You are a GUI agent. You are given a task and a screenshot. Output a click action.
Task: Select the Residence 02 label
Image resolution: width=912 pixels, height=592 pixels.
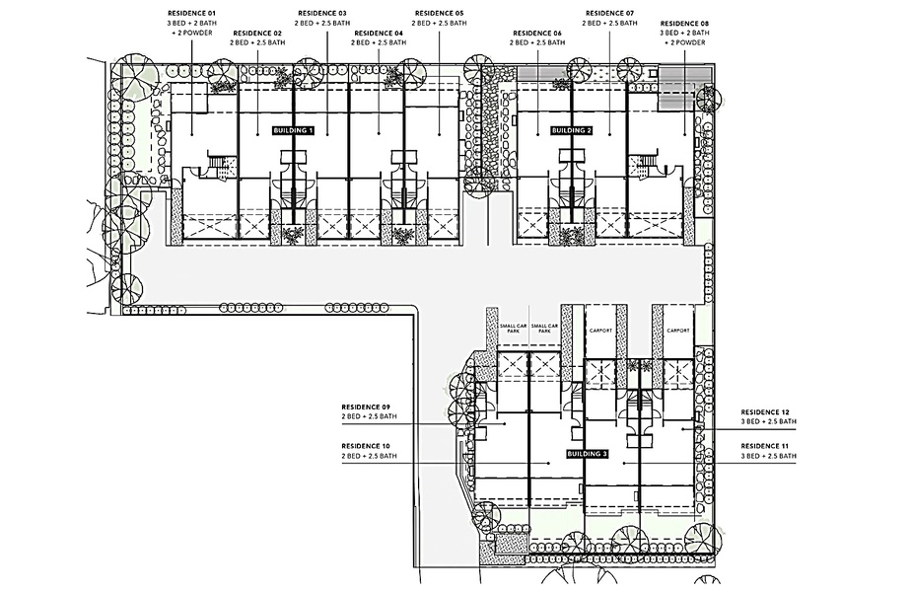[256, 33]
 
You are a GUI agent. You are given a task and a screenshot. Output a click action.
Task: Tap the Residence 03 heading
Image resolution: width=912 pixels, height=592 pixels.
[321, 13]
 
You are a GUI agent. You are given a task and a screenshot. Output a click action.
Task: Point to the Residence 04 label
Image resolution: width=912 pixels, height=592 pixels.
[378, 33]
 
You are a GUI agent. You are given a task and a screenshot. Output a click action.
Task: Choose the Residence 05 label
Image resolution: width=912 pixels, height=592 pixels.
[439, 13]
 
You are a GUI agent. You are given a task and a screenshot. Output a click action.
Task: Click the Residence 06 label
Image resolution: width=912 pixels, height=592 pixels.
[538, 33]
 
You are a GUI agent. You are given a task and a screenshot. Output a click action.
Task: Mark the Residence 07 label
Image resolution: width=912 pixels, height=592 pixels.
[609, 13]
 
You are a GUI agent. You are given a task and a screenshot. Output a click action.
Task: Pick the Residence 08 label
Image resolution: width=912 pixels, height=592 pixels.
[684, 22]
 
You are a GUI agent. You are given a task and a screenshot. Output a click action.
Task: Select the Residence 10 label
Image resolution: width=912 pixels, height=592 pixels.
[367, 446]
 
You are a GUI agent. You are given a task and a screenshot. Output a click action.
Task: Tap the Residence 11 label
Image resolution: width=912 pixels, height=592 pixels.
[766, 446]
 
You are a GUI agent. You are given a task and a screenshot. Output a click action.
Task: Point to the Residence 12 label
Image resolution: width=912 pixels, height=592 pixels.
[766, 411]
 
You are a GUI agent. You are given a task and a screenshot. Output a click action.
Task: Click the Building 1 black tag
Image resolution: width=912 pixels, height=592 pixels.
[293, 130]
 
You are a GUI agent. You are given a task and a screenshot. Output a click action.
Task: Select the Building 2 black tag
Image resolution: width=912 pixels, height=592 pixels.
[572, 130]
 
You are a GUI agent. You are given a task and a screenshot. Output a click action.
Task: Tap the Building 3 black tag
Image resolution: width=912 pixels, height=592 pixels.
[589, 454]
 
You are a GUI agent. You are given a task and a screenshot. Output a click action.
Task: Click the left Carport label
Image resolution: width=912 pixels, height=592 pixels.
[600, 331]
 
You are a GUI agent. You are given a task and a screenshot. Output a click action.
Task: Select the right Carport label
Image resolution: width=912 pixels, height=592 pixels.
[677, 331]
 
